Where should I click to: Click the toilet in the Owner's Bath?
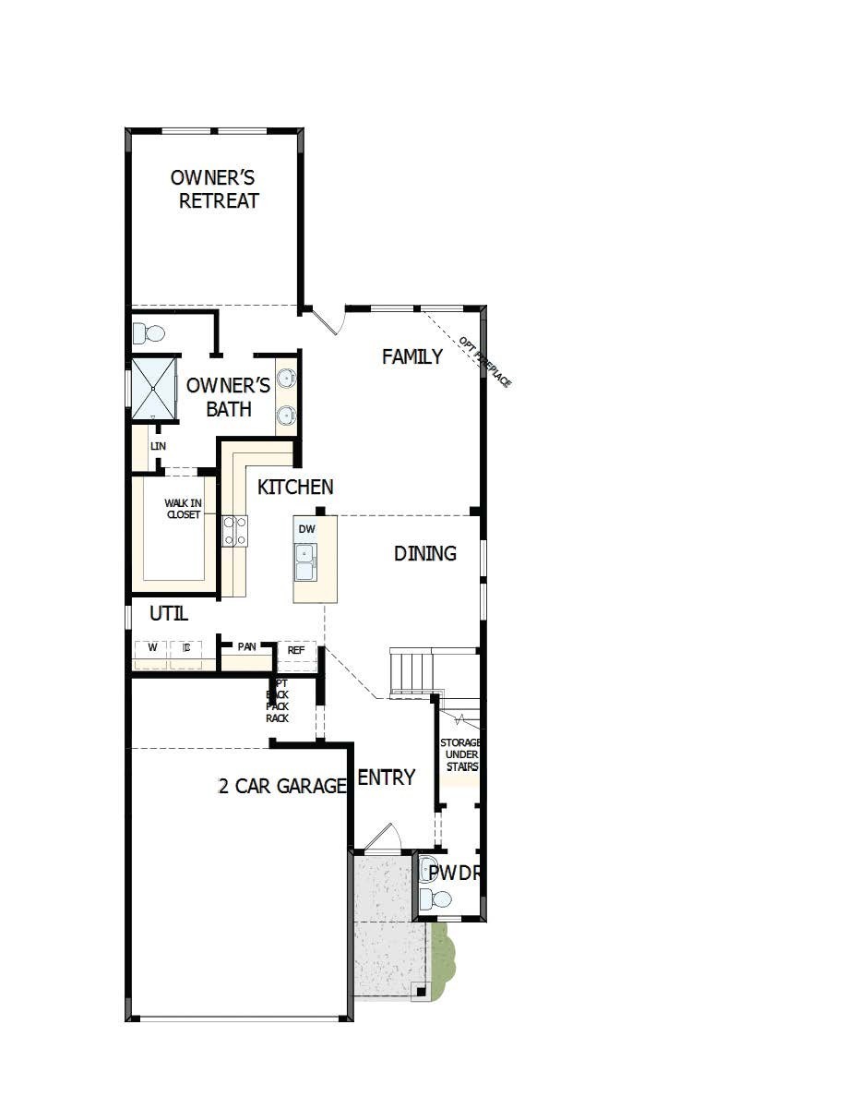(148, 332)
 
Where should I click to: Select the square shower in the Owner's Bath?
(153, 388)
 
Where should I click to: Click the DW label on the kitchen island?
(307, 529)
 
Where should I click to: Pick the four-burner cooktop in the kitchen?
(234, 531)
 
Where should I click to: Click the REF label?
(296, 650)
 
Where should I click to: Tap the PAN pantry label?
(246, 646)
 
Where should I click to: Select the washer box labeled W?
(151, 649)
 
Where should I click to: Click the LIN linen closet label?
(158, 446)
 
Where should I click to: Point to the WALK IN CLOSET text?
(183, 509)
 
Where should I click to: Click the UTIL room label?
(169, 613)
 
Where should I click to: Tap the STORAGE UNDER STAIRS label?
(459, 754)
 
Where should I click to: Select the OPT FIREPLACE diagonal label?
(484, 361)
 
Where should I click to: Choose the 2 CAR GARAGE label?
(282, 786)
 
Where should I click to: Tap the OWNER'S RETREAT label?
(216, 188)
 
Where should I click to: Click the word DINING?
(425, 553)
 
